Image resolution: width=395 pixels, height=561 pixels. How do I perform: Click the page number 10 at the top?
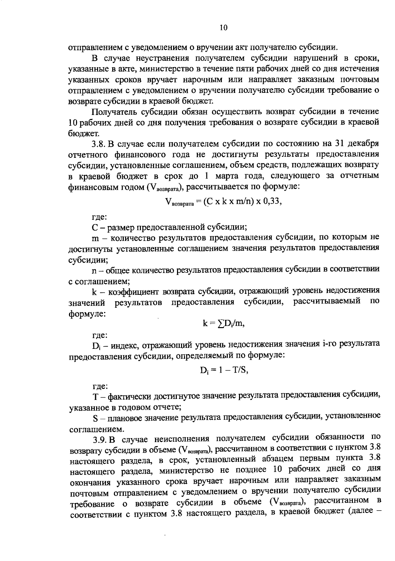[223, 28]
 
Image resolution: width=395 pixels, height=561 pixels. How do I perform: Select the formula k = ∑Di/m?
[224, 323]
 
